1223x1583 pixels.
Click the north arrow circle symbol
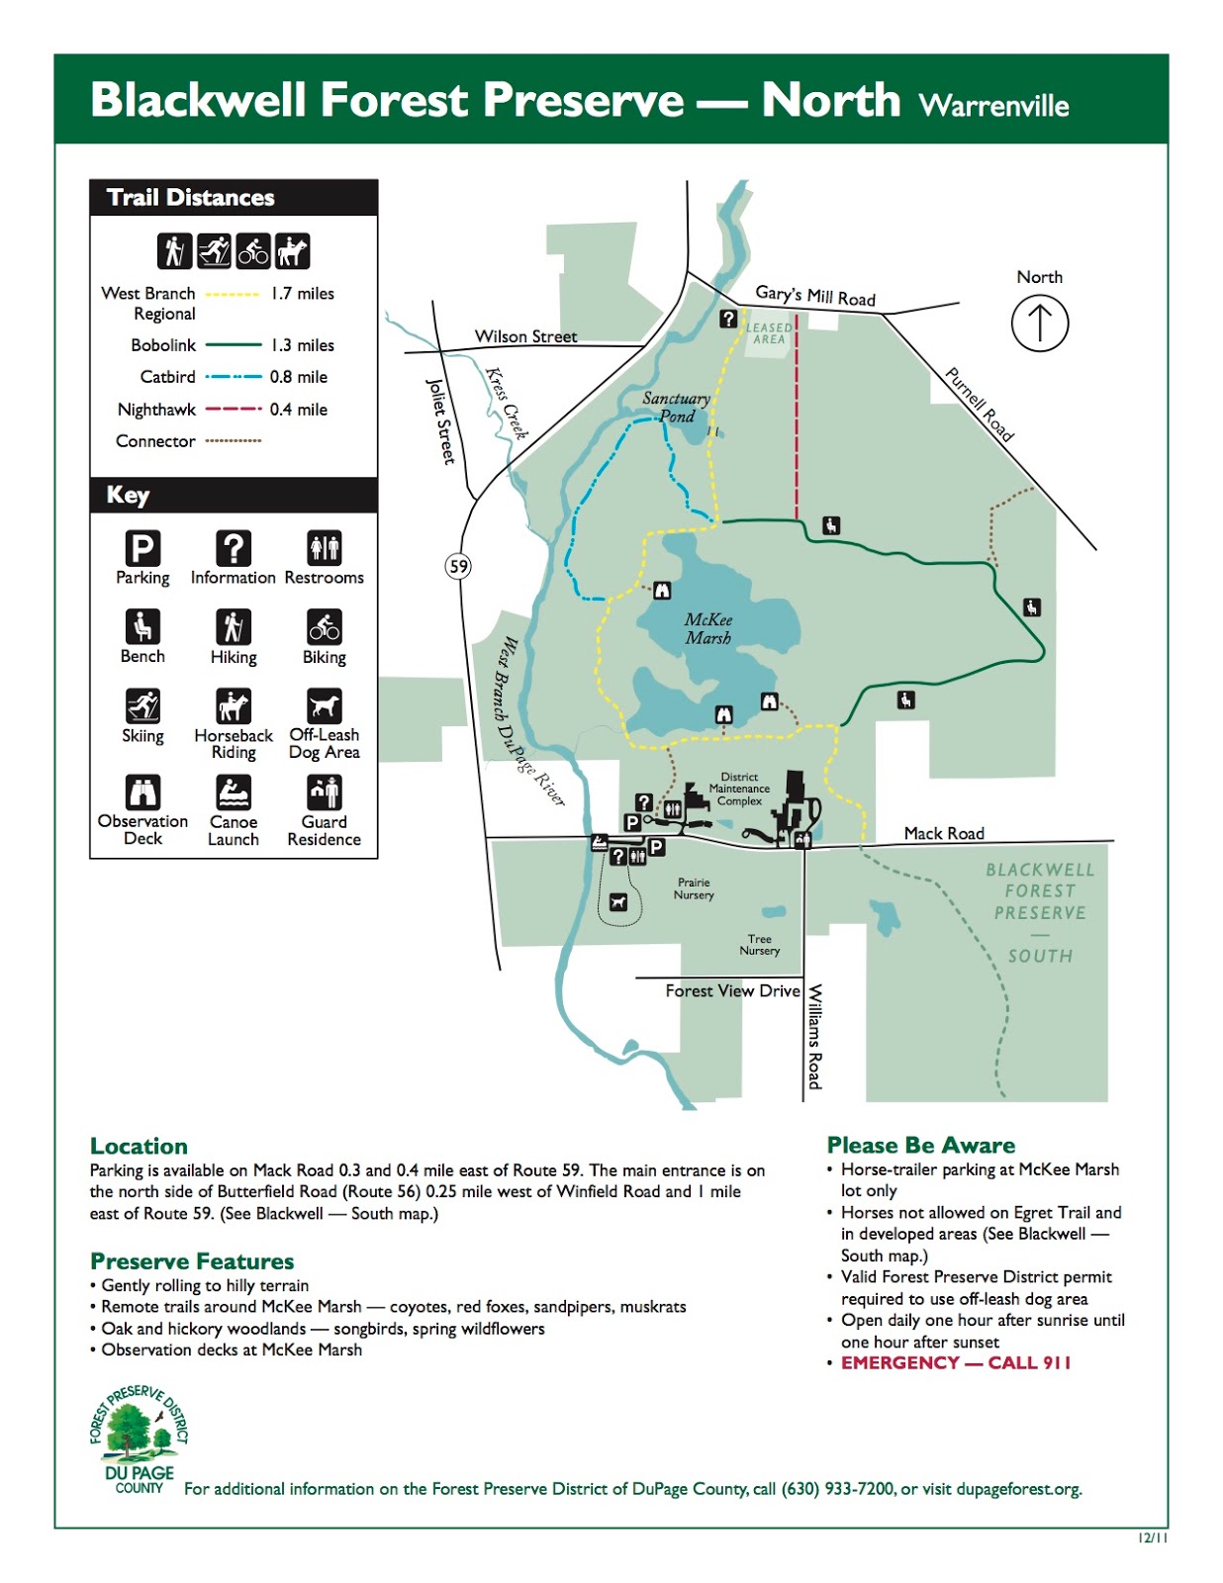coord(1039,324)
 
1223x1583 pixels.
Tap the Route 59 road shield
coord(458,566)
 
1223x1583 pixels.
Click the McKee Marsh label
coord(708,629)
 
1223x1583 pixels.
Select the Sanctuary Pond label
coord(677,407)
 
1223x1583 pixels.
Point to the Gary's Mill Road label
coord(815,296)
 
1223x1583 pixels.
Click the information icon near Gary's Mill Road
coord(728,319)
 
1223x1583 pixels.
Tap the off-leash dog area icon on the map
coord(618,901)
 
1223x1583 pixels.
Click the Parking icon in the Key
coord(142,548)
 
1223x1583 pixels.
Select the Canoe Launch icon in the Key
coord(234,792)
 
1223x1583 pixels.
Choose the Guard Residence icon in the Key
coord(325,792)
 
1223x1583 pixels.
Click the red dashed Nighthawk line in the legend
coord(234,409)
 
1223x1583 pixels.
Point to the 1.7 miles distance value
coord(302,294)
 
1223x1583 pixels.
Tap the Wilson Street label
coord(525,336)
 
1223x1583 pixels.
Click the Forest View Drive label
coord(732,990)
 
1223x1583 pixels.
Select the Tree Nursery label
coord(759,945)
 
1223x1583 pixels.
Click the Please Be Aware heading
coord(920,1145)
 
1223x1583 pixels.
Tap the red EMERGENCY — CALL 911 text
coord(956,1362)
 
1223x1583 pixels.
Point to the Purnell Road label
coord(979,404)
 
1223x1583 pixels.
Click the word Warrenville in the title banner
coord(993,106)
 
